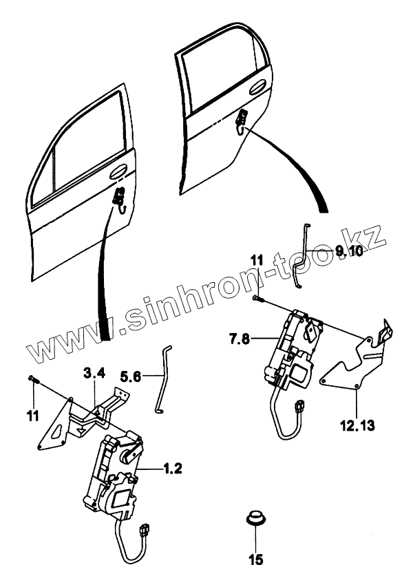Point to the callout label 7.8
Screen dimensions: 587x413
point(242,338)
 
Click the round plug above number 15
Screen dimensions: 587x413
point(257,517)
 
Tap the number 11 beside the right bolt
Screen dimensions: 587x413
point(256,260)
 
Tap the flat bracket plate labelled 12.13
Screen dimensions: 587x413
point(351,365)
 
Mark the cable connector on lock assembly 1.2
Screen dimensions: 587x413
point(145,531)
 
